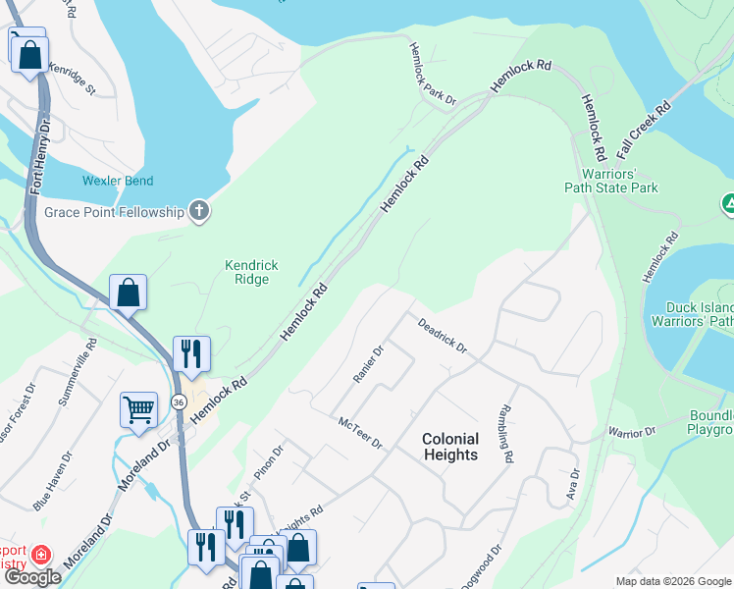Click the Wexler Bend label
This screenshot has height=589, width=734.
pyautogui.click(x=119, y=182)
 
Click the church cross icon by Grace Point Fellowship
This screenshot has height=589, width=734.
pyautogui.click(x=199, y=211)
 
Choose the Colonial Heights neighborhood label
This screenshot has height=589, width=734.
pyautogui.click(x=450, y=447)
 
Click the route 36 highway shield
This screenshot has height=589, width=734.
pyautogui.click(x=178, y=402)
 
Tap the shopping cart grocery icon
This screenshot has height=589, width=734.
pyautogui.click(x=138, y=410)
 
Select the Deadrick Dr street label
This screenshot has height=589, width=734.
pyautogui.click(x=442, y=335)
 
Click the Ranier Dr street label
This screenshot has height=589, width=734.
pyautogui.click(x=367, y=364)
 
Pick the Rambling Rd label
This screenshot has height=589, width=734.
pyautogui.click(x=505, y=433)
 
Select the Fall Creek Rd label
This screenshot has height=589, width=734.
pyautogui.click(x=644, y=130)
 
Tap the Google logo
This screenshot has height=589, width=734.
pyautogui.click(x=32, y=577)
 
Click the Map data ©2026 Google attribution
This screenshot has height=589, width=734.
pyautogui.click(x=672, y=581)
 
